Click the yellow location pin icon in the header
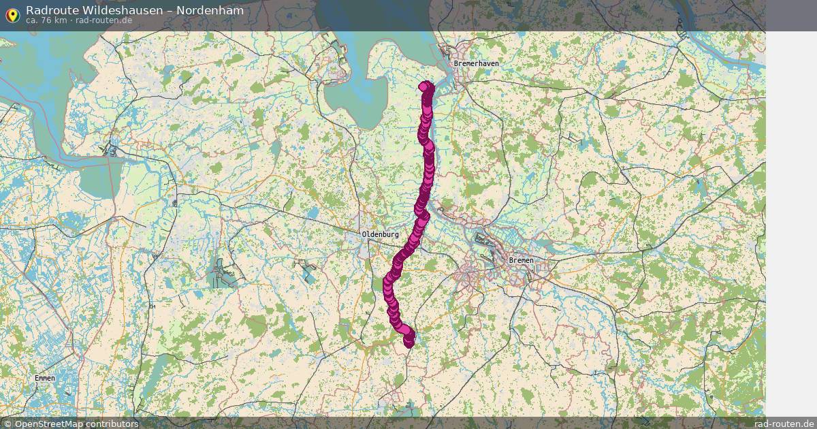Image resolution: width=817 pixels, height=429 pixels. pos(12,14)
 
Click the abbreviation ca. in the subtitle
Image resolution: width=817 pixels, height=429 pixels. pos(33,20)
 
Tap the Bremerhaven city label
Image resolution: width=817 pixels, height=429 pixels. pos(476,63)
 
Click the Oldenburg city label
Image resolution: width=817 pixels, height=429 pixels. pos(380,234)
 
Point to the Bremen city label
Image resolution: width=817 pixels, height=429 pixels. pos(522,260)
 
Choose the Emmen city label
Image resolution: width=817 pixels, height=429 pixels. pos(44,378)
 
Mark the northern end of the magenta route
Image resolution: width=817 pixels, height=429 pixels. pos(426,86)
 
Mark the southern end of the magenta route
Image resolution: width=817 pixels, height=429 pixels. pos(409,343)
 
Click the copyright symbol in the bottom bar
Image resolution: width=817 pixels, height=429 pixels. pos(7,424)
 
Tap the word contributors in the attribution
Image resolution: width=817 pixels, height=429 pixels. pos(112,424)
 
